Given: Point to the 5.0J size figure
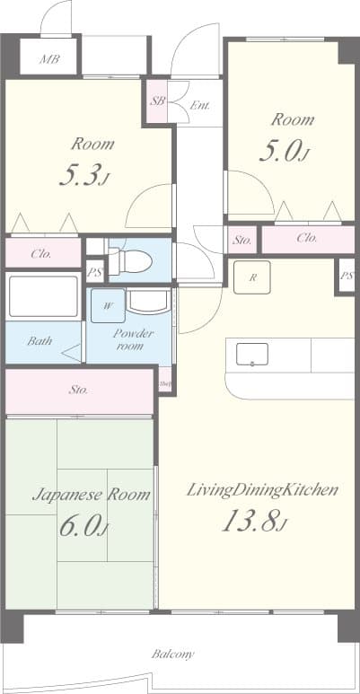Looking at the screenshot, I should click(x=284, y=152).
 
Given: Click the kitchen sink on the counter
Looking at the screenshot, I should click(x=252, y=355).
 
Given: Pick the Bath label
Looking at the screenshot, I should click(x=39, y=341).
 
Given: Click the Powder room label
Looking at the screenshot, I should click(x=133, y=339).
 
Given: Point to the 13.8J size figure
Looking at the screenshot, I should click(x=254, y=521).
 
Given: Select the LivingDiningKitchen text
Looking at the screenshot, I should click(x=262, y=489).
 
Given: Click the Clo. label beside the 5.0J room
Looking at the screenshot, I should click(x=306, y=239).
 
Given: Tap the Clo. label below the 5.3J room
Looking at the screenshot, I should click(x=42, y=253).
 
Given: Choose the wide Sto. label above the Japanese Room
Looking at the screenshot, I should click(x=78, y=391).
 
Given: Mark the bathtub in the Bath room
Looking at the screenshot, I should click(x=42, y=295).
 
